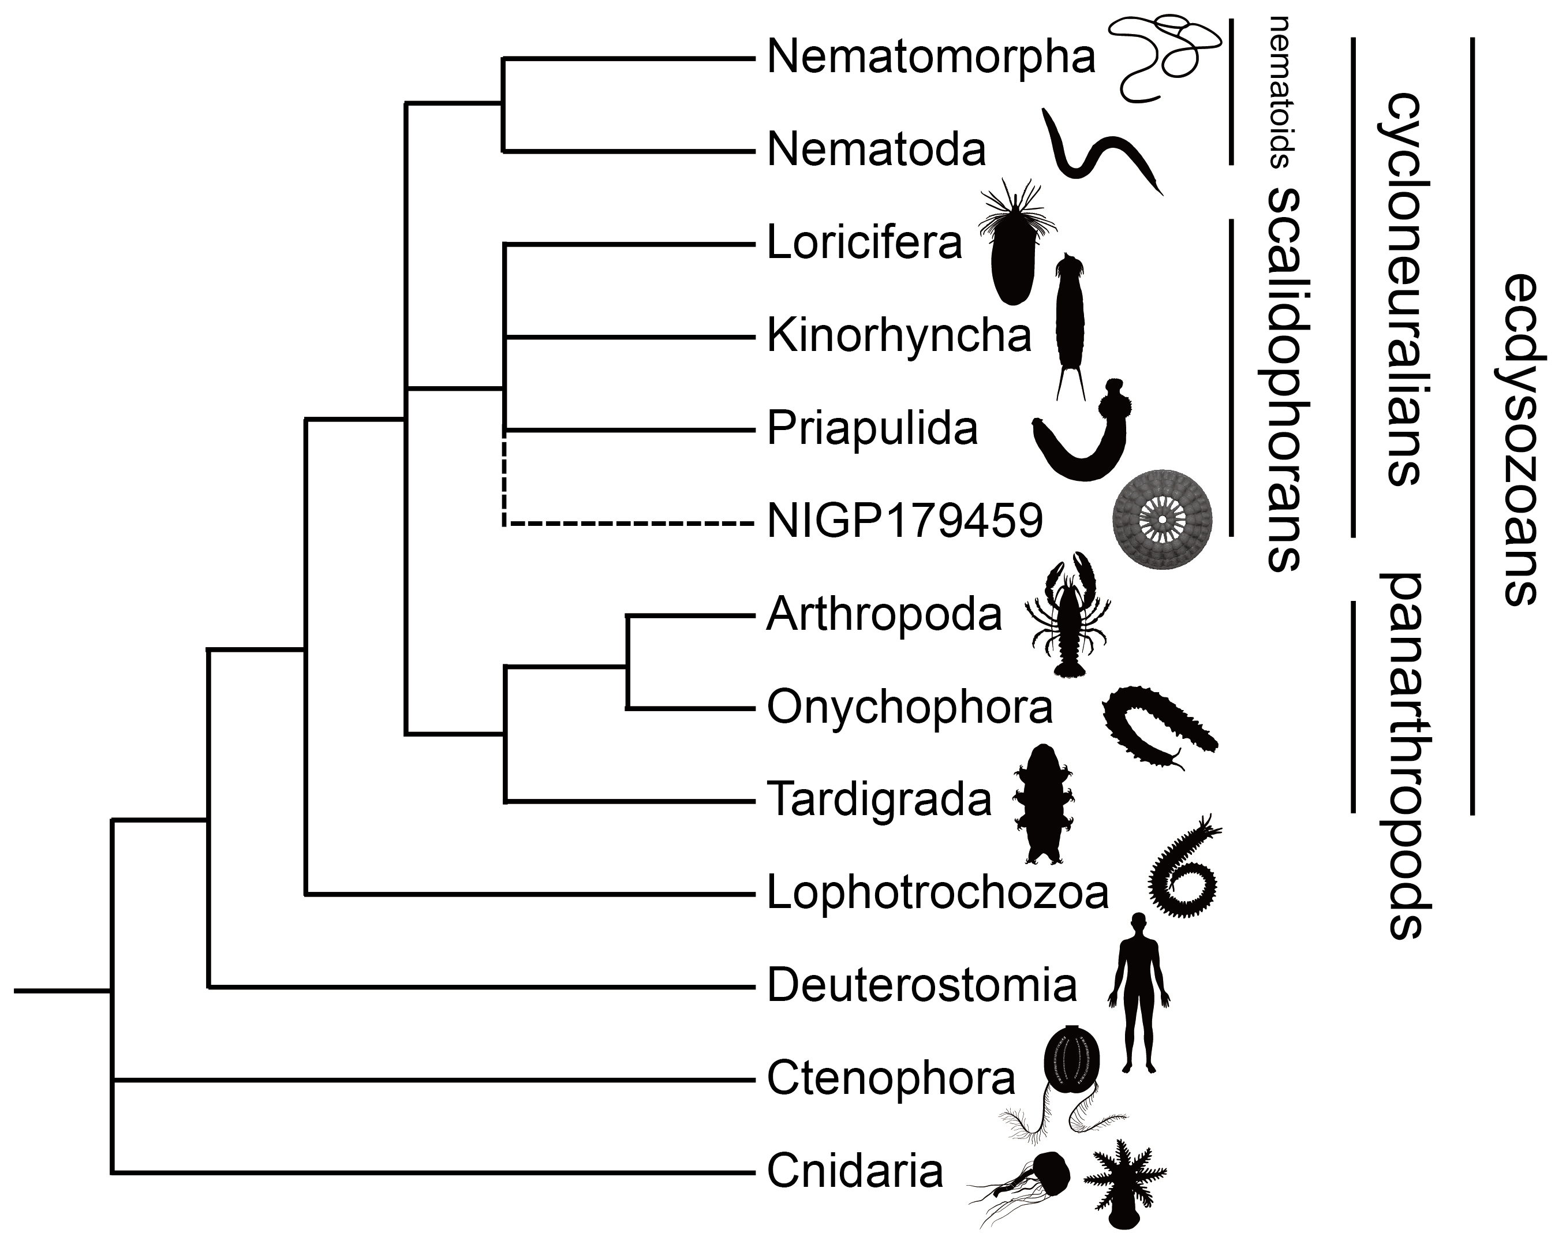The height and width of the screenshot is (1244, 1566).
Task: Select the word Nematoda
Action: coord(876,150)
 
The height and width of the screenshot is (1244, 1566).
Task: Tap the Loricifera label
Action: coord(864,243)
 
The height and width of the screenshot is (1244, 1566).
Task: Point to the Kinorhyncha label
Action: coord(899,336)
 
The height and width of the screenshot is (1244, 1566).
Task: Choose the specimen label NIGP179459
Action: coord(905,521)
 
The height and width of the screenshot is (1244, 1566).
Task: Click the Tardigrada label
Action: coord(879,800)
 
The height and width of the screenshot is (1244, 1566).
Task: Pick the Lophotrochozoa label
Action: coord(937,893)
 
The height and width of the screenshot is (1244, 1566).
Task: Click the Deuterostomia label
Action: coord(921,986)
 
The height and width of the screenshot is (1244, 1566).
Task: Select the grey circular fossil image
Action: coord(1162,521)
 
